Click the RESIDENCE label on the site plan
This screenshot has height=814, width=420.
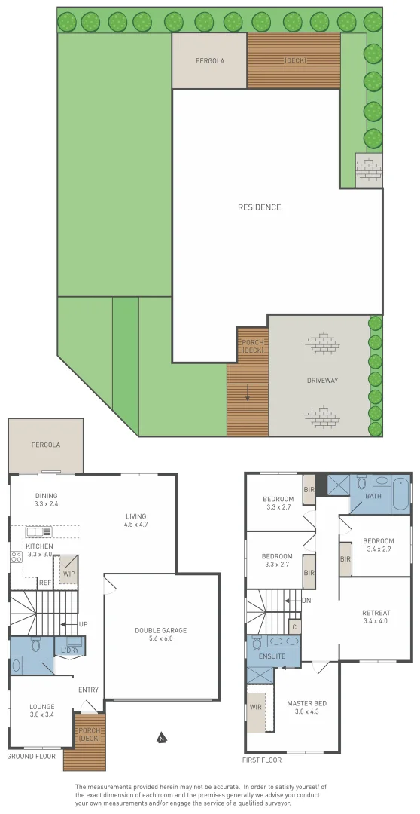(x=259, y=207)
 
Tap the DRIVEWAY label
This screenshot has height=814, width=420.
(x=322, y=381)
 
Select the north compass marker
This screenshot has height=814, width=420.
(x=161, y=738)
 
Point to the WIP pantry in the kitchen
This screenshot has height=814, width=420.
(x=68, y=553)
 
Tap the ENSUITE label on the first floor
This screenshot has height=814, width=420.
(x=271, y=656)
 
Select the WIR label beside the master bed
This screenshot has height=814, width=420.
(x=254, y=708)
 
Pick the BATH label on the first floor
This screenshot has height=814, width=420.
(x=373, y=497)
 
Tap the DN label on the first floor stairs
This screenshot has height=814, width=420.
(x=306, y=580)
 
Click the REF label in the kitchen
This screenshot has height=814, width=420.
(x=45, y=583)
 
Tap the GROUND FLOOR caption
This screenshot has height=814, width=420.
(x=32, y=756)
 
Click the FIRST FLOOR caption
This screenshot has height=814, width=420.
(x=263, y=760)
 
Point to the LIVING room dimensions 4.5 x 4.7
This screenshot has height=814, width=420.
(x=137, y=524)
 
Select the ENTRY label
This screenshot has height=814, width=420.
(x=88, y=690)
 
